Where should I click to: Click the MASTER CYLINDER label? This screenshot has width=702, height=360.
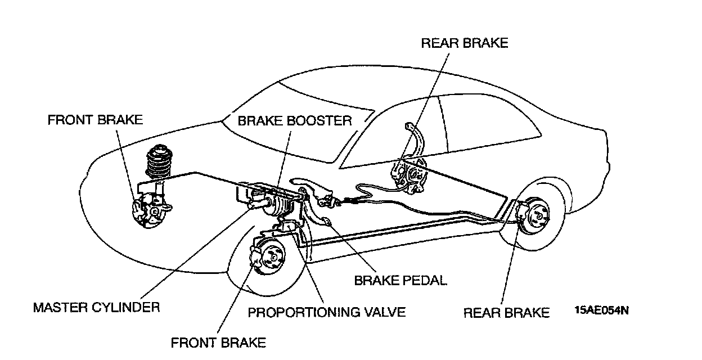[x=96, y=308]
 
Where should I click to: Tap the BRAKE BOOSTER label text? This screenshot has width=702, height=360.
[x=294, y=120]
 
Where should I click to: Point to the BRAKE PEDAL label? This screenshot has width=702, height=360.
[x=400, y=280]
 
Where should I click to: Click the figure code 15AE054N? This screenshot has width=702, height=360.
[x=601, y=309]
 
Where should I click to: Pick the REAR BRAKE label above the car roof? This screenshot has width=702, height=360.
[x=464, y=43]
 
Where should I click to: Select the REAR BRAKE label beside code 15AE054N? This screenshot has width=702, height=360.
[x=506, y=313]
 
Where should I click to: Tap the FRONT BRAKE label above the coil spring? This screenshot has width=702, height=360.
[x=95, y=120]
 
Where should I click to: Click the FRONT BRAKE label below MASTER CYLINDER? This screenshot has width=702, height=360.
[x=218, y=342]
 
